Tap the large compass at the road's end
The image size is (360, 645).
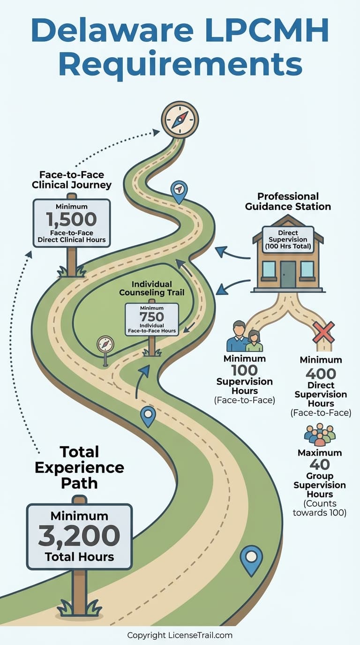click(180, 120)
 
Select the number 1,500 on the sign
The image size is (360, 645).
click(71, 219)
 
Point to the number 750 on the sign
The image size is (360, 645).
click(151, 317)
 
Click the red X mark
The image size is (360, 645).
click(323, 332)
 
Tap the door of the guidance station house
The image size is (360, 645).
click(288, 274)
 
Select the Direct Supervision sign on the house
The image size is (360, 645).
click(288, 240)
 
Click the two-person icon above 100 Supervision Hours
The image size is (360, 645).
click(244, 337)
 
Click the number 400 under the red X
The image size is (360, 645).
click(321, 374)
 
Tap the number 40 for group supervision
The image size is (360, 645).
click(320, 465)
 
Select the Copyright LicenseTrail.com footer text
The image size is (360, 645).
click(180, 636)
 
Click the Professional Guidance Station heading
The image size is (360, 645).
click(288, 201)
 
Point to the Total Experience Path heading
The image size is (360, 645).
click(79, 467)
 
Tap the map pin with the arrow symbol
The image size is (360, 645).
click(179, 190)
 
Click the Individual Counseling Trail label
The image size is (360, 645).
click(151, 288)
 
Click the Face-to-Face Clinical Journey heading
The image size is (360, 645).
click(71, 180)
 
